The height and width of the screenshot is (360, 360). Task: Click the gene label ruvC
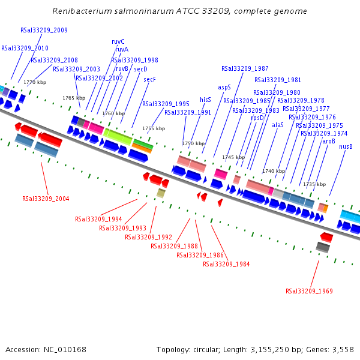click(118, 41)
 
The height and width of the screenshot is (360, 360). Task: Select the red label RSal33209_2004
click(46, 199)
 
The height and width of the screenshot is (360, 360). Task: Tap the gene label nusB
click(346, 146)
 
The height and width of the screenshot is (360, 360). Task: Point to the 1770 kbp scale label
click(35, 82)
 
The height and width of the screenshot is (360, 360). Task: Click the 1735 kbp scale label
click(314, 184)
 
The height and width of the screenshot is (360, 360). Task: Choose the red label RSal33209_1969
click(309, 291)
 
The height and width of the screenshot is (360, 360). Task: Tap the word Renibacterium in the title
click(80, 11)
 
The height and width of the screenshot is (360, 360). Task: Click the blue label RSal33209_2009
click(44, 30)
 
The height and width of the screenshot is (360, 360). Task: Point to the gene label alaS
click(278, 125)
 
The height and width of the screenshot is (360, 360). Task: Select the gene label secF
click(149, 79)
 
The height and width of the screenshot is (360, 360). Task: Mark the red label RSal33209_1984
click(226, 264)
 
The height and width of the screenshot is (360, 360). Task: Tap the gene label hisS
click(205, 100)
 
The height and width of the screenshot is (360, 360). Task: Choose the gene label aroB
click(329, 141)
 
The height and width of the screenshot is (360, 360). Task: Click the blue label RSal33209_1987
click(245, 68)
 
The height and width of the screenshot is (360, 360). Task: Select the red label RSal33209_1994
click(98, 219)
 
